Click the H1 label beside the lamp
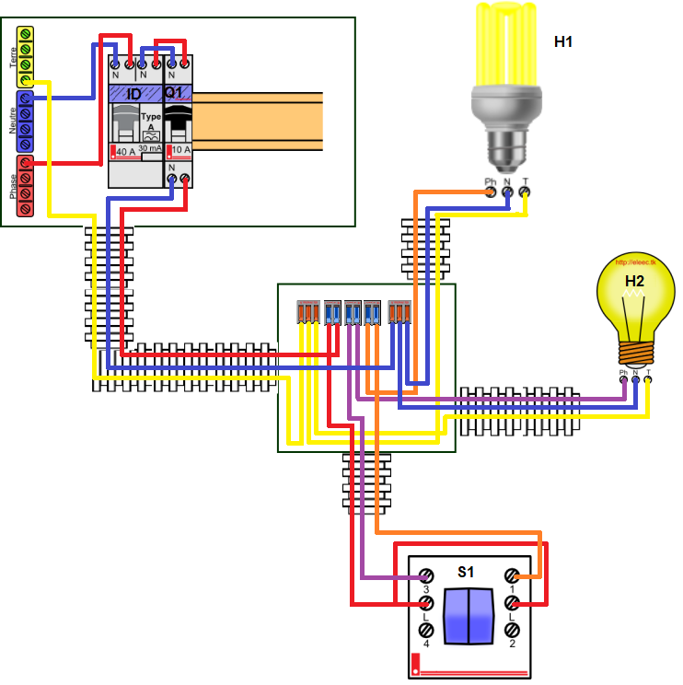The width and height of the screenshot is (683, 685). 563,41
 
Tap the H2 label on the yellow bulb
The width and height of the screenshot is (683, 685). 634,281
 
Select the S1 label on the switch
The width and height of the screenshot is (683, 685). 466,572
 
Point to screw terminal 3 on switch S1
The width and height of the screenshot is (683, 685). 426,575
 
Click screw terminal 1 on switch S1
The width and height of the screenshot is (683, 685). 512,575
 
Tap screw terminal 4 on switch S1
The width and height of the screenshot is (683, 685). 426,631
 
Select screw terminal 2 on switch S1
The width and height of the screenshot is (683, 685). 512,631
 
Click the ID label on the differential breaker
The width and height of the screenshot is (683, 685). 133,94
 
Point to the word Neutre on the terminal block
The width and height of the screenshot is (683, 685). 13,121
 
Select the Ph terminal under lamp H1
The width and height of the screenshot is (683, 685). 491,192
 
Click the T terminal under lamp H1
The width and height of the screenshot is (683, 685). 525,192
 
